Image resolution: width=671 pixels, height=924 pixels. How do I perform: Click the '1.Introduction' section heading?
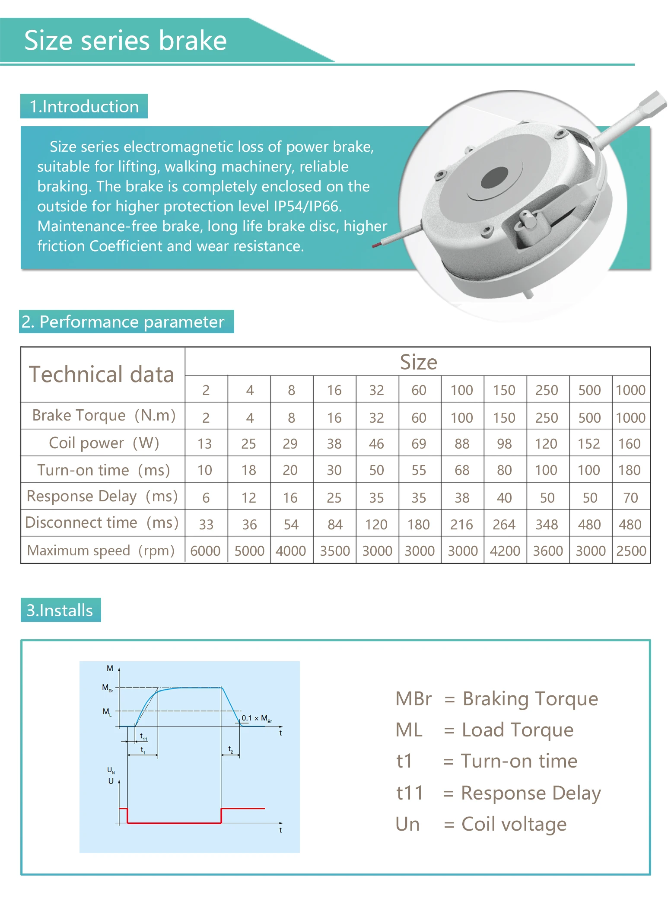click(x=84, y=106)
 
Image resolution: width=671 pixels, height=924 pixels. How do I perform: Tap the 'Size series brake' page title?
click(x=125, y=41)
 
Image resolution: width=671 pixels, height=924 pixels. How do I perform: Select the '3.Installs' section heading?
click(x=60, y=610)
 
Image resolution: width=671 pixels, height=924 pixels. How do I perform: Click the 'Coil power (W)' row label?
click(x=104, y=443)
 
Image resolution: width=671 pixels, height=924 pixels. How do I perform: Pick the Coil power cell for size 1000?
click(x=629, y=444)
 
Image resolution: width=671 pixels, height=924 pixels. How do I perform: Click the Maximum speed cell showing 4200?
click(x=505, y=551)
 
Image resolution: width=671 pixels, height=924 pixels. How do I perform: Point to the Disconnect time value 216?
click(x=461, y=525)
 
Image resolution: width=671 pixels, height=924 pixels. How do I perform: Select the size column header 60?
click(x=419, y=390)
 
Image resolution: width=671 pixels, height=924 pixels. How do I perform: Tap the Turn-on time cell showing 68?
click(x=461, y=470)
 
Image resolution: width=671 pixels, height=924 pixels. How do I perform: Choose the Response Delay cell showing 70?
click(x=630, y=498)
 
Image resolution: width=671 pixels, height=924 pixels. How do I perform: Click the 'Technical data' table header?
click(x=102, y=374)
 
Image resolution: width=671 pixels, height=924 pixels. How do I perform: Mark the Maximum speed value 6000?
click(x=205, y=551)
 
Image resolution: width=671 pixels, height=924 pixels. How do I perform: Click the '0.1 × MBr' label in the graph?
click(x=257, y=718)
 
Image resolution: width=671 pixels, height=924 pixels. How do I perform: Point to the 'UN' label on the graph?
click(x=111, y=770)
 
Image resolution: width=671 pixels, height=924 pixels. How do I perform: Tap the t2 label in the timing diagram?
click(x=231, y=749)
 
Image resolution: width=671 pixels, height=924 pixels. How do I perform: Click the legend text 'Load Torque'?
click(x=518, y=730)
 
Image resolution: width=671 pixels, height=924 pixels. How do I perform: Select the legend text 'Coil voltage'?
click(x=514, y=824)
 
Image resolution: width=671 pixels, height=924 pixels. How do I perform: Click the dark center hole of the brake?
click(x=494, y=178)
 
